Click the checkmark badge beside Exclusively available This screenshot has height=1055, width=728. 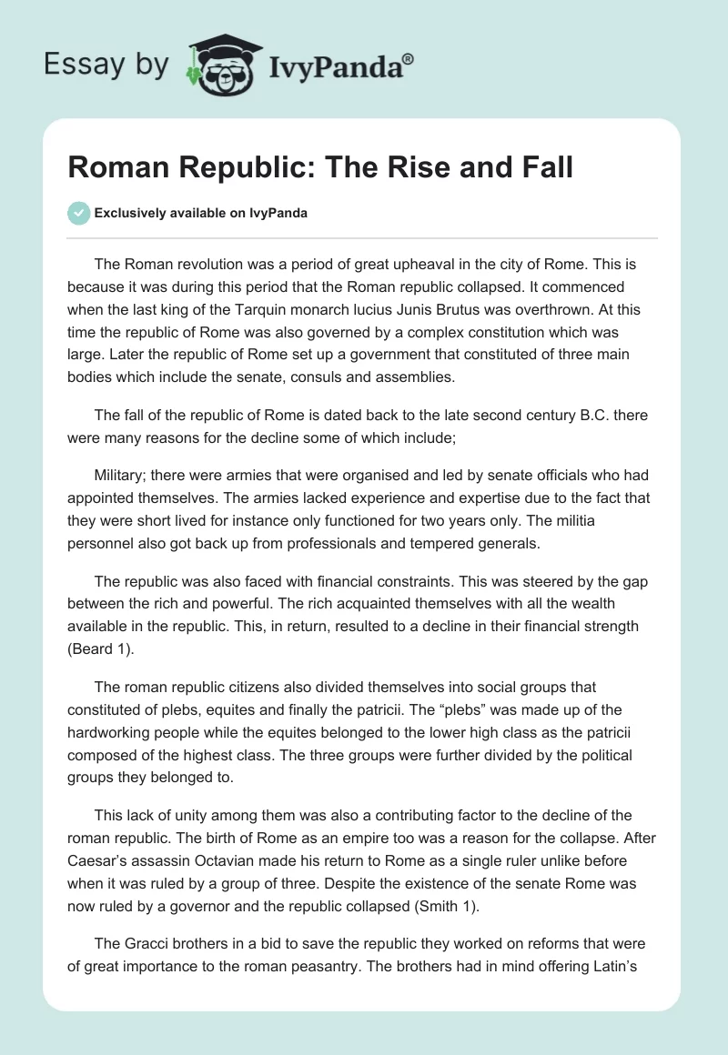pos(78,213)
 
